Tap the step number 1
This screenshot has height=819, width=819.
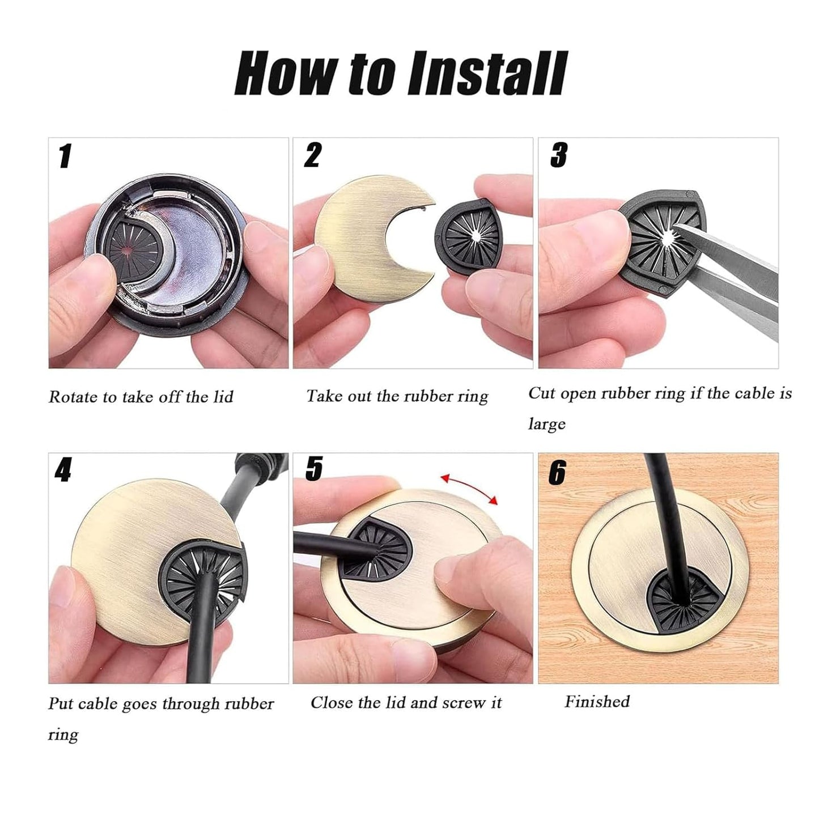click(66, 156)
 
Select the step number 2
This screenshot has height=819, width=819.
click(313, 155)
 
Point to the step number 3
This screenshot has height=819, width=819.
click(559, 155)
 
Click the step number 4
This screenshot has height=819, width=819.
click(63, 470)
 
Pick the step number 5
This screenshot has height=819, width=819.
click(314, 469)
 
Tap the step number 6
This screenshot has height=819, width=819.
click(557, 473)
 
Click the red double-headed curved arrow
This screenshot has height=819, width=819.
click(469, 488)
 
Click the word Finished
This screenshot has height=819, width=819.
click(597, 702)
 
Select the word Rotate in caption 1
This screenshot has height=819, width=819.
click(73, 397)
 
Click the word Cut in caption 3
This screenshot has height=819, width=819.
click(541, 393)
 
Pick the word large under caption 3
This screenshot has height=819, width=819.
click(547, 424)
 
